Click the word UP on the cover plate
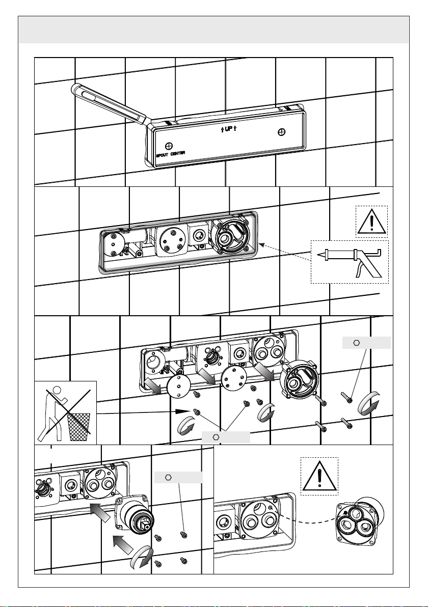coord(229,129)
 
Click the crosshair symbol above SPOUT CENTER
coord(169,146)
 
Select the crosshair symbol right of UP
coord(282,132)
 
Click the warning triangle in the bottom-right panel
coord(319,476)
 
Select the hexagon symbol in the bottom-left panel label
coord(169,477)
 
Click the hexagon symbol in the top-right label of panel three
coord(357,343)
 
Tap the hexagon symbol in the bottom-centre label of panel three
coord(216,437)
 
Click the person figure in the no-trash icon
coord(54,413)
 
